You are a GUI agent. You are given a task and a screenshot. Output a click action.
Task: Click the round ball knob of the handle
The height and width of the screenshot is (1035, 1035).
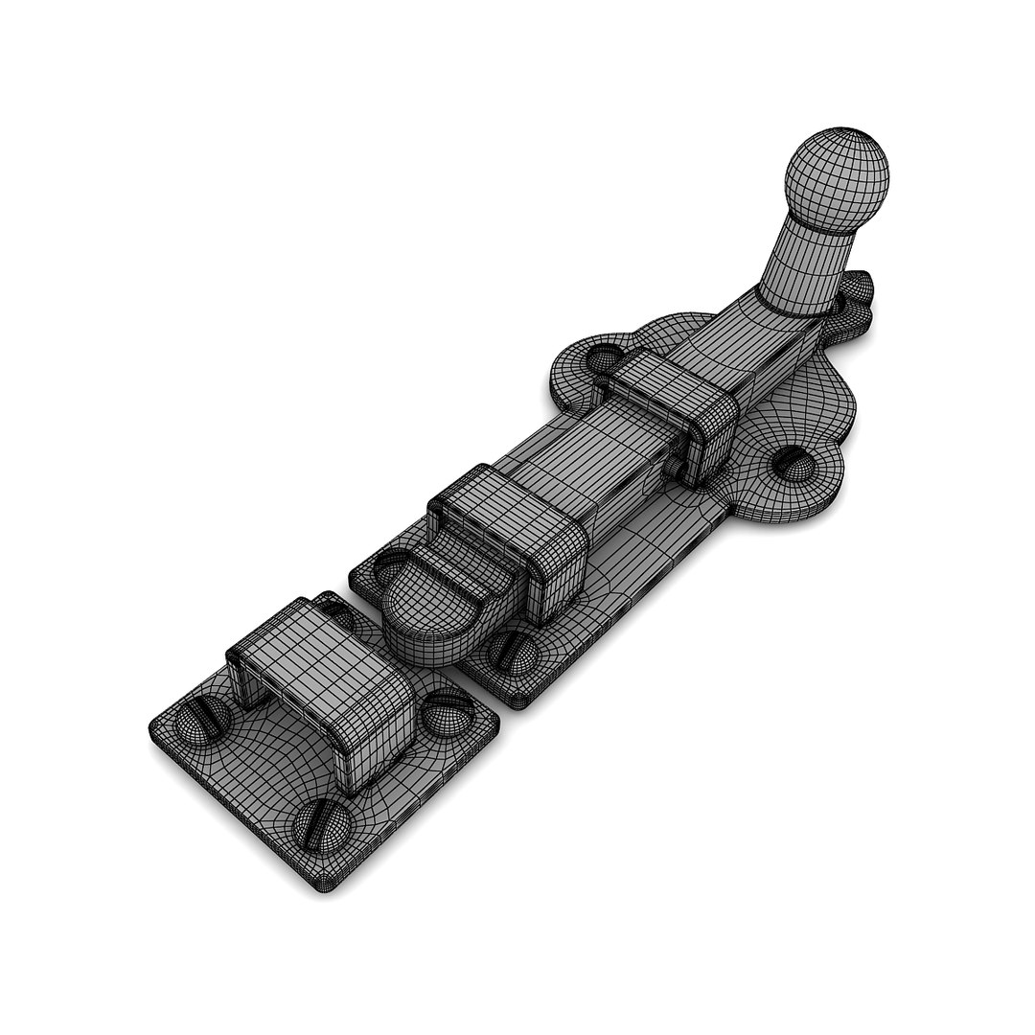pos(837,179)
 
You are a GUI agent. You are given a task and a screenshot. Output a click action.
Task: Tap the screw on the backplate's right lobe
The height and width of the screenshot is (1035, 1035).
pos(793,465)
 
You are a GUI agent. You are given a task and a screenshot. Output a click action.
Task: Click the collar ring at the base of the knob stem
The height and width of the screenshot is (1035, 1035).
pos(793,305)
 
